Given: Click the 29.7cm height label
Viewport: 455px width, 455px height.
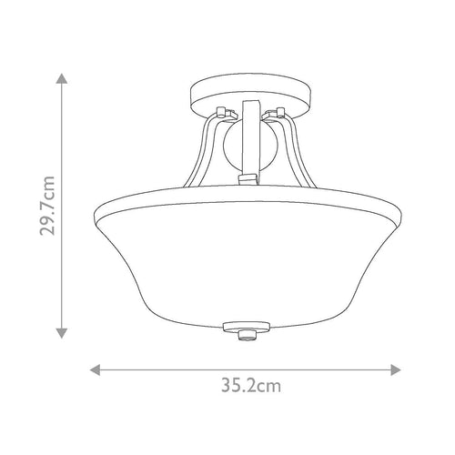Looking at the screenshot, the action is [47, 206].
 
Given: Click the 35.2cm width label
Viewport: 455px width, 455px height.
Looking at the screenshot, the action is [251, 386].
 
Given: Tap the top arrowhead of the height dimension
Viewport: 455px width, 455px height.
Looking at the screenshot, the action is [62, 78].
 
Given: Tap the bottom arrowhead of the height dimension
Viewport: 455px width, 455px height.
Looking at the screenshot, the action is [62, 333].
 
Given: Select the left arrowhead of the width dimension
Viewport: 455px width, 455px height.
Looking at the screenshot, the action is [96, 370].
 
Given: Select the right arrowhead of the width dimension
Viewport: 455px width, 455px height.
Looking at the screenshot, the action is [396, 370].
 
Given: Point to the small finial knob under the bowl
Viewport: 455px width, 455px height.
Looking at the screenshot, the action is [247, 336].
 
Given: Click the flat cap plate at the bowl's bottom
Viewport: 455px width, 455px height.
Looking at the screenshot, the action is [247, 327].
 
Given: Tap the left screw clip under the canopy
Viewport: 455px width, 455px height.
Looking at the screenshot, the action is [226, 112].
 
